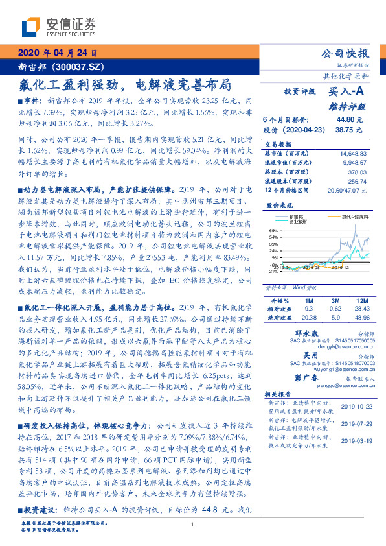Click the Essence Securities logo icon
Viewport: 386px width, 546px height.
pos(30,28)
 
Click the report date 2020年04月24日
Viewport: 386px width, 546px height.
pos(58,53)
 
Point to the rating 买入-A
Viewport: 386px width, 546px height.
pos(348,92)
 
